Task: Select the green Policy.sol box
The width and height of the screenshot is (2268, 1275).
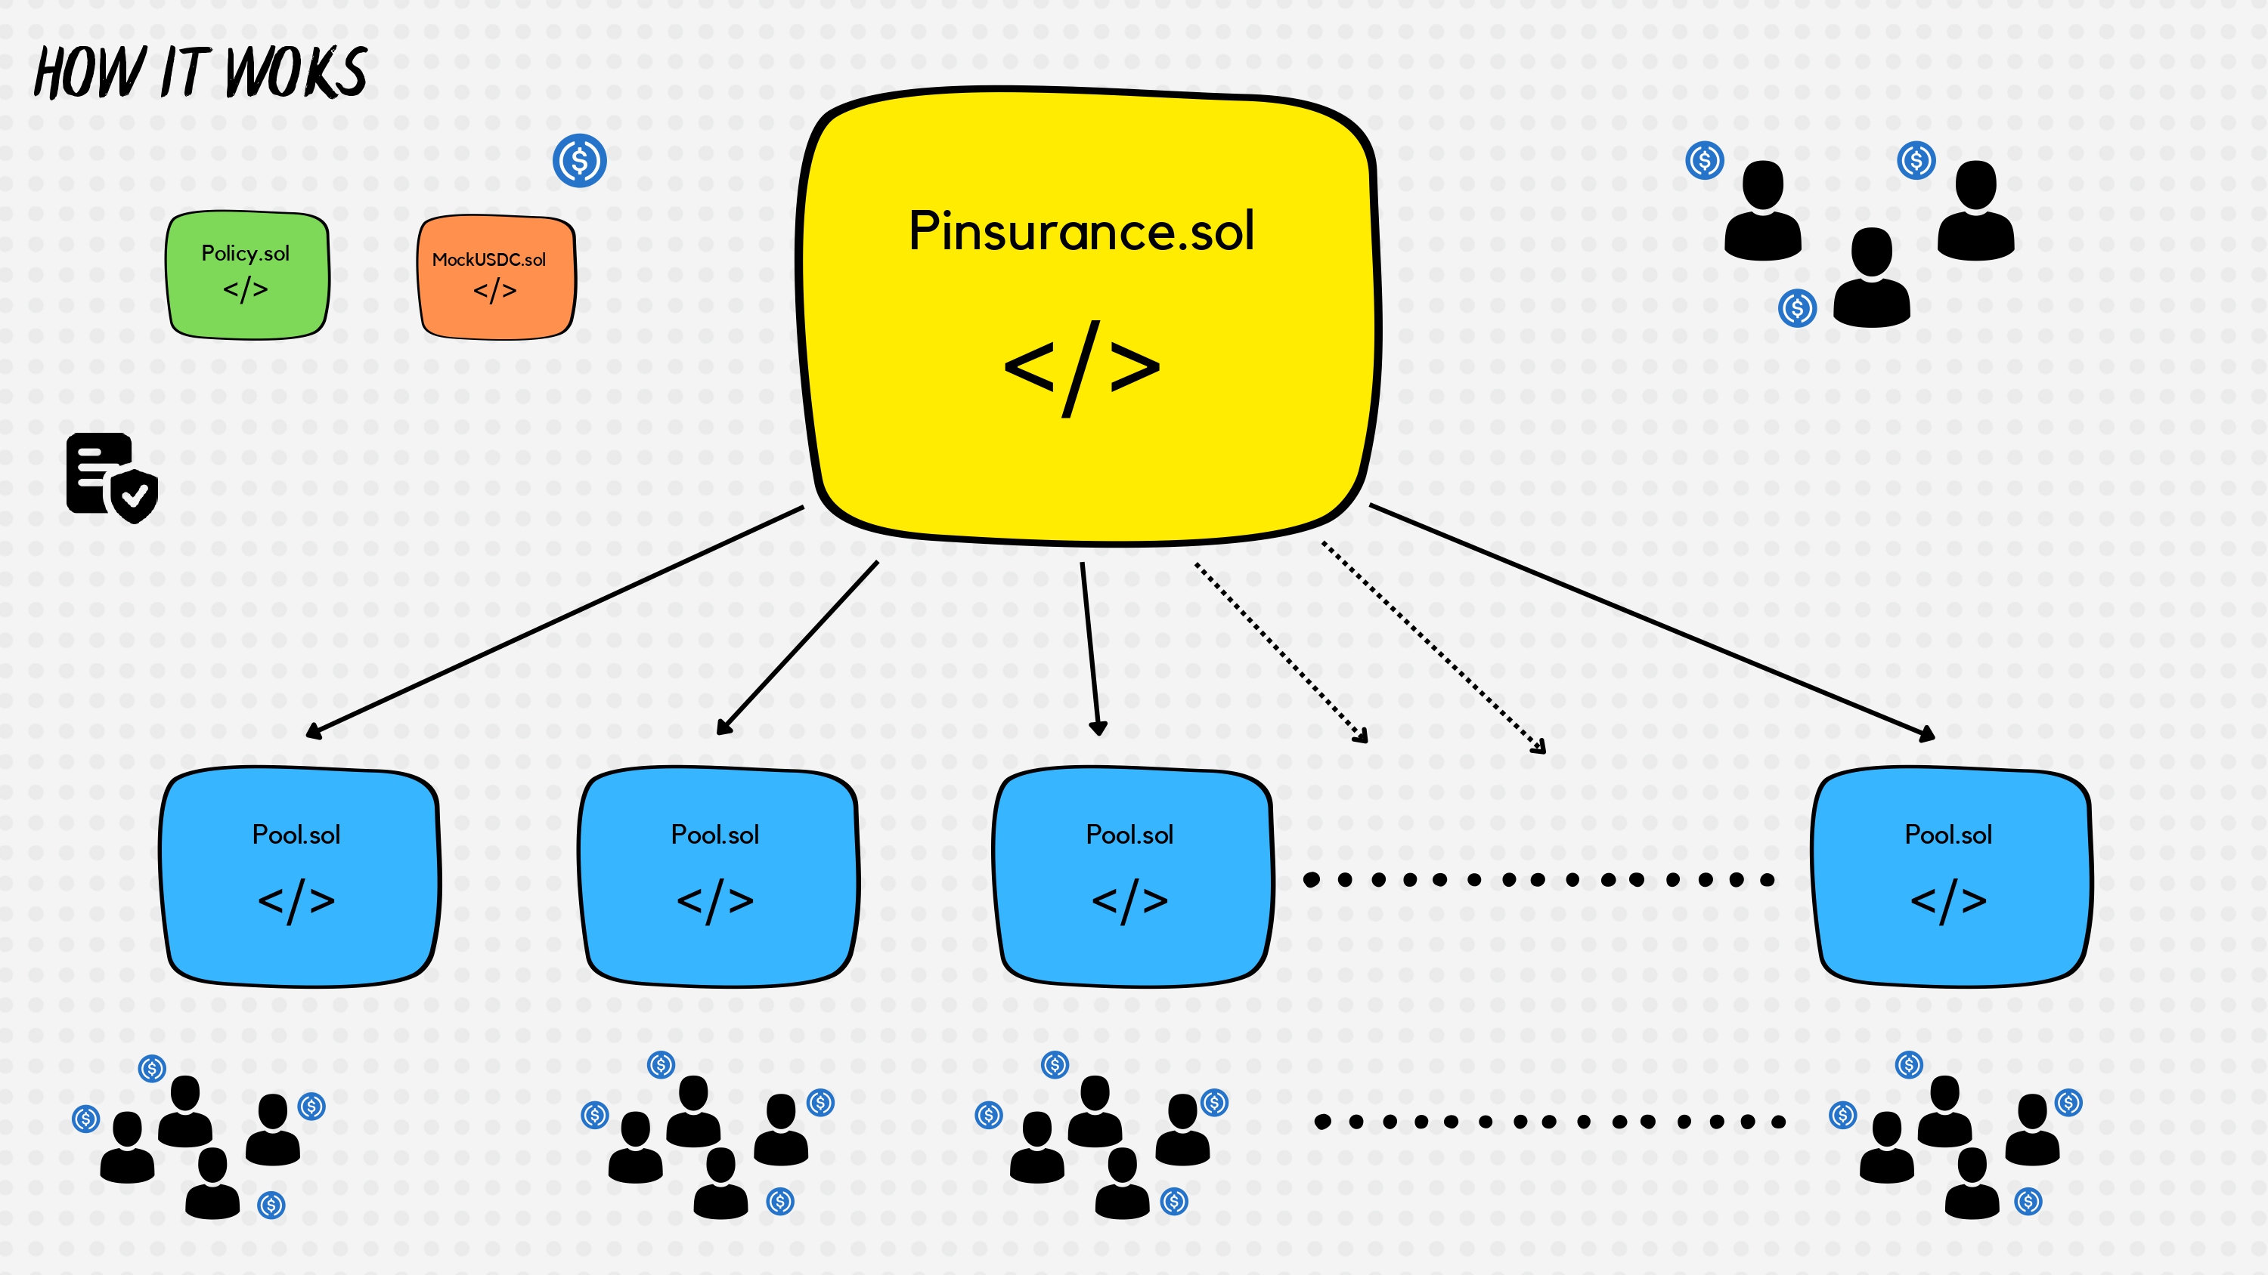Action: (247, 274)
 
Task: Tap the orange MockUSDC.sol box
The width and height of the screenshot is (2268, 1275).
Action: (497, 277)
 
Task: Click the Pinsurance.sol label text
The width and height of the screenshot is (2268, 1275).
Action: (1081, 231)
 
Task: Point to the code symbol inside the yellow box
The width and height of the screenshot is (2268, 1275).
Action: (1081, 368)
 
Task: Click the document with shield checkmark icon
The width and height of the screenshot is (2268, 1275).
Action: (112, 478)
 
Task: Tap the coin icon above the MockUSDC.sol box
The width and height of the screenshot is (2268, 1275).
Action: (579, 160)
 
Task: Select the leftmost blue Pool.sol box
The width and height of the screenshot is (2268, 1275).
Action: (299, 876)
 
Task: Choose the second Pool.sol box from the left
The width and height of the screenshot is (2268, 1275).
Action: (717, 876)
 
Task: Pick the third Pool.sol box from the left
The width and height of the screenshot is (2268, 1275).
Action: (1133, 876)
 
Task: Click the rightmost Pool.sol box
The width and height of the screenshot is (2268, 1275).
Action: (1951, 876)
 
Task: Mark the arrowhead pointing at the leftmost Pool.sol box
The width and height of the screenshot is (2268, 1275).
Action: (314, 731)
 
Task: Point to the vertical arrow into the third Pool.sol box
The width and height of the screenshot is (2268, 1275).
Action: (1090, 650)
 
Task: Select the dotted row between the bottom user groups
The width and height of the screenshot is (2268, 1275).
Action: (1550, 1121)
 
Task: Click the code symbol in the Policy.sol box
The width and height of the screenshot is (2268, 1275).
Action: (246, 289)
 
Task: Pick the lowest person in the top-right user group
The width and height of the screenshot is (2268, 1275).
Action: (1872, 277)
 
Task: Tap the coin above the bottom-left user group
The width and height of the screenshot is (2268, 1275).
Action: (152, 1068)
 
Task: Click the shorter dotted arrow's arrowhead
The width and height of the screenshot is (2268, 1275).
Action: (1361, 736)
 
